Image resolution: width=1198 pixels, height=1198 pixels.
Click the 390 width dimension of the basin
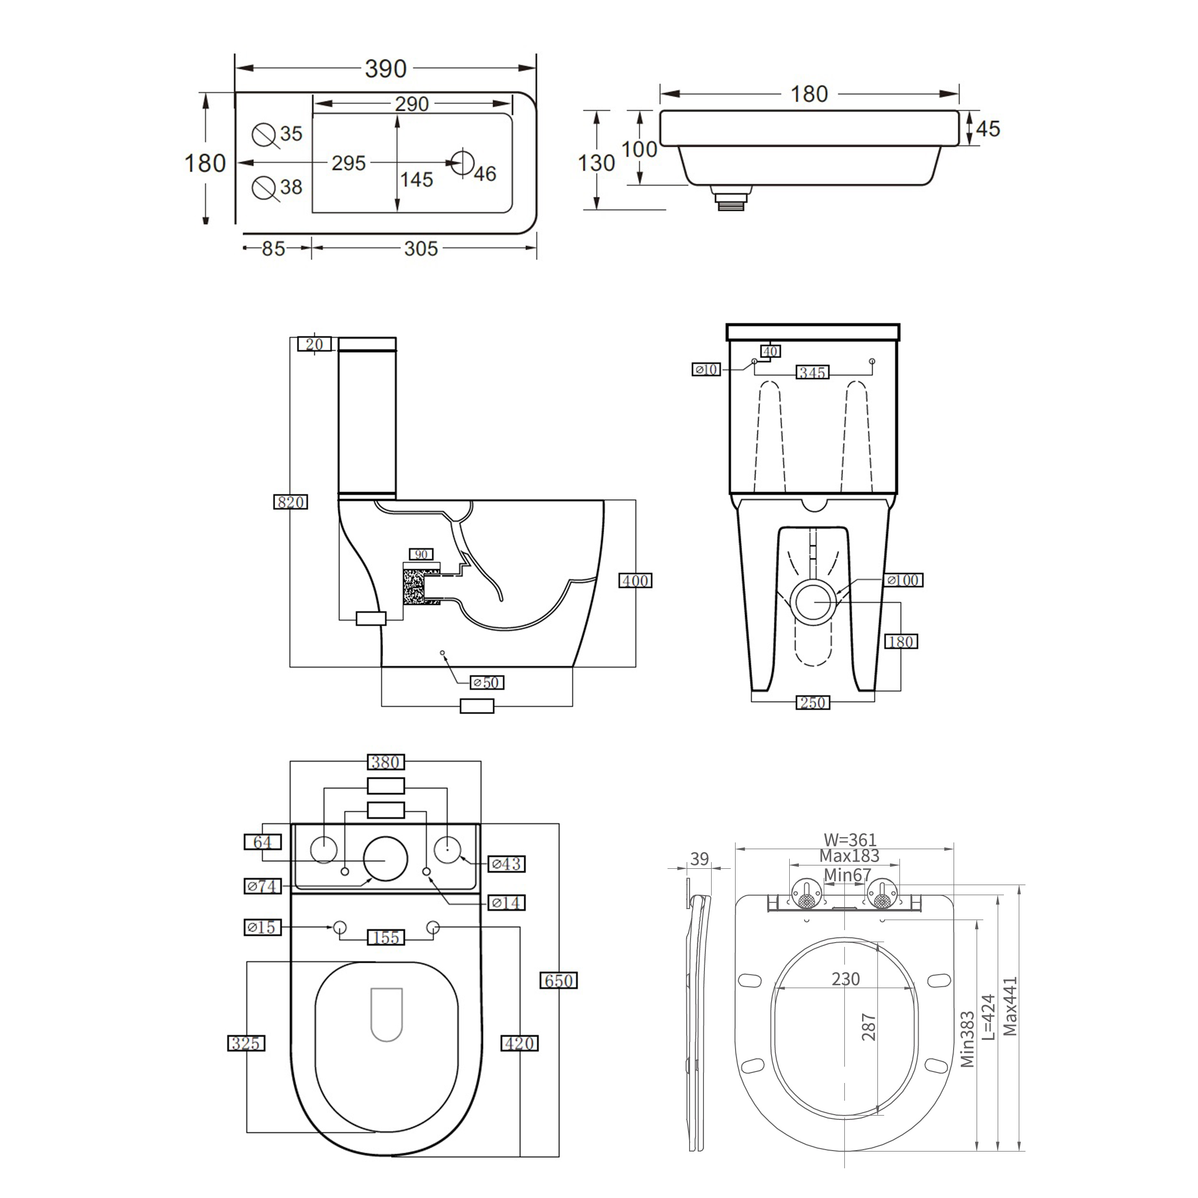point(385,68)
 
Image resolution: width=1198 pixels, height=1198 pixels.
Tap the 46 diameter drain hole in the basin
point(461,162)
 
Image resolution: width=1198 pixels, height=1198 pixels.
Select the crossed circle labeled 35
point(264,135)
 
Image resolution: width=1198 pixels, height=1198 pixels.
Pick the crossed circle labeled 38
point(264,187)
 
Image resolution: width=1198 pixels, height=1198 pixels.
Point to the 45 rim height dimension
point(988,128)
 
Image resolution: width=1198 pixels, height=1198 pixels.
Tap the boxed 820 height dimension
point(290,502)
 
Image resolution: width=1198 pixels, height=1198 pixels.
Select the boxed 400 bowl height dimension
point(635,580)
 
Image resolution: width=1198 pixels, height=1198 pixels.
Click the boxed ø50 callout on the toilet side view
point(487,683)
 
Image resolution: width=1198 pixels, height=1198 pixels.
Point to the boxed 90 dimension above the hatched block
point(421,554)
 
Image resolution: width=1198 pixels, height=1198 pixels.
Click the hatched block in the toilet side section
point(414,587)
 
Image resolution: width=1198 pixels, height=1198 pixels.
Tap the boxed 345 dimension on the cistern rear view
point(812,373)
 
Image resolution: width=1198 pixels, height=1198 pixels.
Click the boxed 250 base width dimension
point(812,703)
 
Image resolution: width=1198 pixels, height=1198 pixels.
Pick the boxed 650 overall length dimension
point(559,980)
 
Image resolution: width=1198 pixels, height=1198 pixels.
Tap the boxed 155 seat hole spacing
point(386,938)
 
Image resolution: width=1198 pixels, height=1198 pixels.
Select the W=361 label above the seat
point(850,840)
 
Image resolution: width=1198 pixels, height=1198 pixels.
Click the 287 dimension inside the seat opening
point(869,1027)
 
